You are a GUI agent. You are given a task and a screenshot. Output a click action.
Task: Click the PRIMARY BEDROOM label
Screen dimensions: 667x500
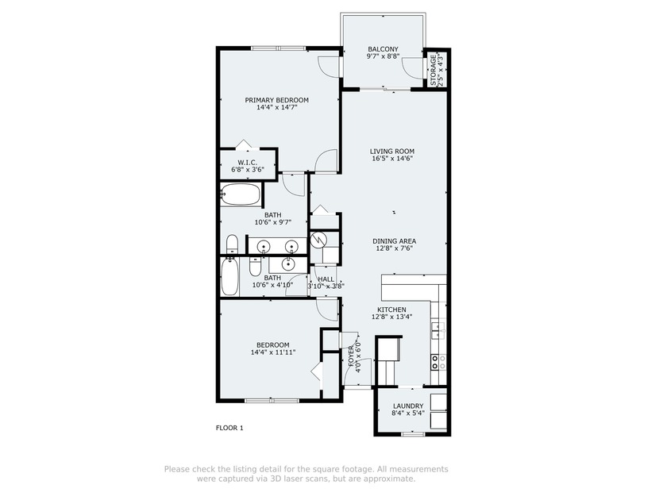(276, 100)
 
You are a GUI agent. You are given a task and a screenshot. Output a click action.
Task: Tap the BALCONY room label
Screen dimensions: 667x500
(383, 49)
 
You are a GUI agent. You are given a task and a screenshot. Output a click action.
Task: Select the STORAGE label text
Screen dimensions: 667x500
(433, 70)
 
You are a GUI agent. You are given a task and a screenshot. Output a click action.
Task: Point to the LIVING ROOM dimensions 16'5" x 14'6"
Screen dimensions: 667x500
(391, 159)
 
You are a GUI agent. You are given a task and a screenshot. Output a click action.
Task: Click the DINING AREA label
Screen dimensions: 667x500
(395, 241)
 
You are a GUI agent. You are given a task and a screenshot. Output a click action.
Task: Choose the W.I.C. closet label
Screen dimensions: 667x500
(247, 163)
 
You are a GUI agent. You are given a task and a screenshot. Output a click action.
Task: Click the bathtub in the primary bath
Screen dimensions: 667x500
(241, 194)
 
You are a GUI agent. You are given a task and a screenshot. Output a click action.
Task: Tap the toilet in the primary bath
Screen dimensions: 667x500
(232, 244)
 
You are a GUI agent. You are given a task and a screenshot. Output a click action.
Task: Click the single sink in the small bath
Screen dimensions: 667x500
(288, 264)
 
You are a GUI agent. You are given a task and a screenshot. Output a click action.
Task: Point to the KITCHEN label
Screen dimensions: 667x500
(391, 310)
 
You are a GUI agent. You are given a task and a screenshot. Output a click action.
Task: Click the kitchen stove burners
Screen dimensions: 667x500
(439, 362)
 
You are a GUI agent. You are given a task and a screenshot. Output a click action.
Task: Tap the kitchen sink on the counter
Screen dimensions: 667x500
(438, 330)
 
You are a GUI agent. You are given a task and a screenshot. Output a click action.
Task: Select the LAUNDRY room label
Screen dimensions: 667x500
(408, 406)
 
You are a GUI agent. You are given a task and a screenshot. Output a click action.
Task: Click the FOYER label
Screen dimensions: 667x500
(351, 356)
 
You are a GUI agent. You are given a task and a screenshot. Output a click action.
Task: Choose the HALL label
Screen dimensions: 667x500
(326, 279)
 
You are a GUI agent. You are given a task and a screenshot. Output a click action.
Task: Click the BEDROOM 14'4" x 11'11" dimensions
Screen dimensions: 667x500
(273, 352)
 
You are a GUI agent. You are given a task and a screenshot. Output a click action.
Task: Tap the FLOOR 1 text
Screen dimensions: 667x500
(229, 428)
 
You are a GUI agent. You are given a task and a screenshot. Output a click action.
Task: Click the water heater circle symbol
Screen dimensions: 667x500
(317, 240)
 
